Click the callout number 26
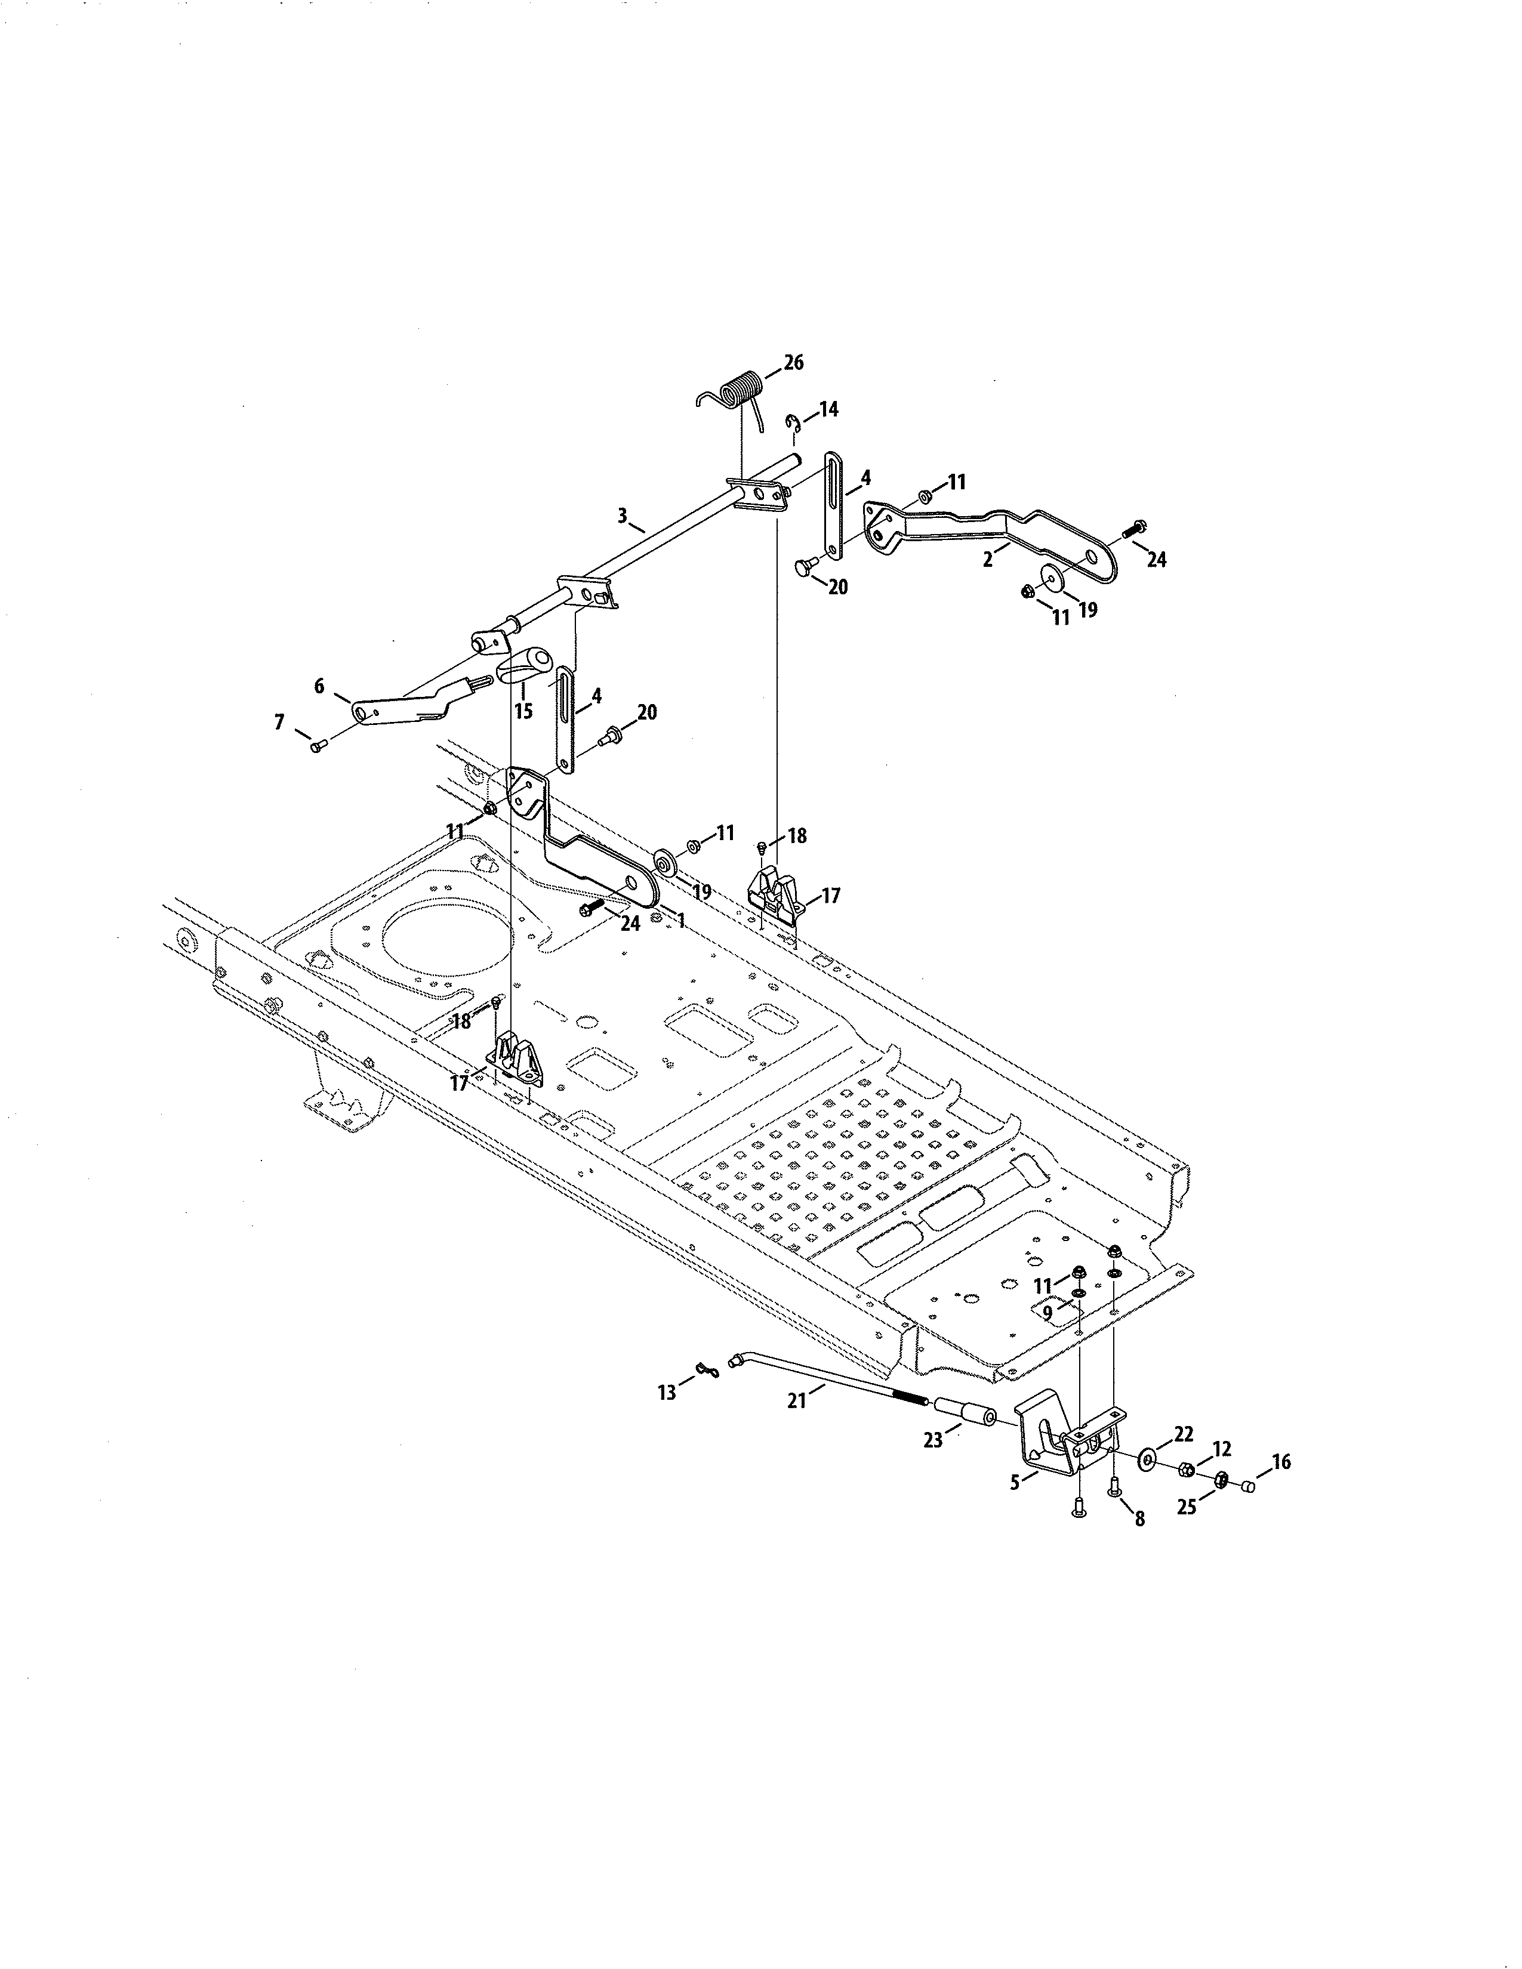793,362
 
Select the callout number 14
828,409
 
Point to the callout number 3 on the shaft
621,516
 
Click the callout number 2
988,560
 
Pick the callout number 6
319,686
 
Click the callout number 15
523,711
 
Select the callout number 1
681,921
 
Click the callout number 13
666,1393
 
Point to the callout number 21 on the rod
796,1401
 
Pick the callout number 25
1187,1507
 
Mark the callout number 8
1139,1519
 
